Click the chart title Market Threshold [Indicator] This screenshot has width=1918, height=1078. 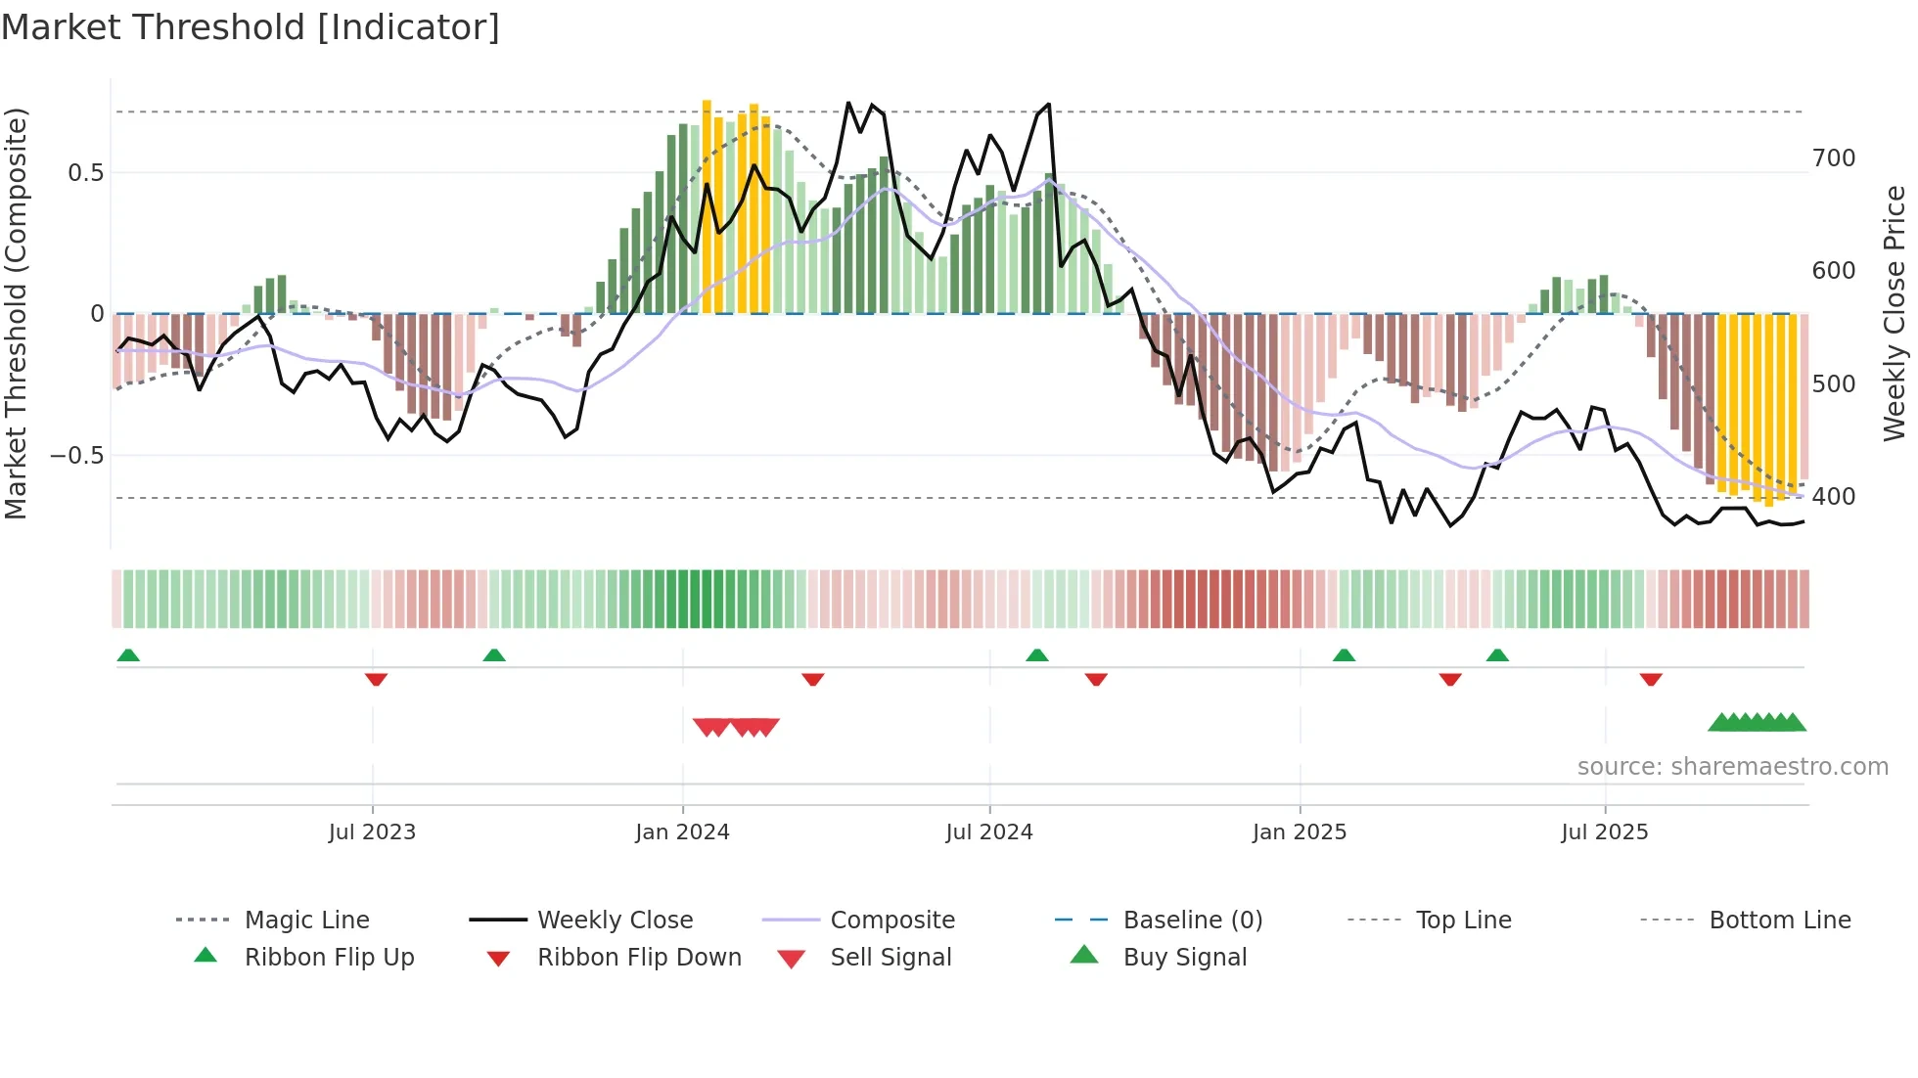251,27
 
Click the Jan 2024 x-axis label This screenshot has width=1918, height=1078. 682,832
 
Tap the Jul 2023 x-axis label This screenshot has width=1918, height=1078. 372,832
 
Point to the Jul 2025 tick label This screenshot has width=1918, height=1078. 1605,832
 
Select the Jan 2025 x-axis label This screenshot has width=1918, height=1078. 1300,832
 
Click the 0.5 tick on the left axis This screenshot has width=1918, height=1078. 86,173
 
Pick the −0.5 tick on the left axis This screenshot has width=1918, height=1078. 77,456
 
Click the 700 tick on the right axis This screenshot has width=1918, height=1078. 1834,158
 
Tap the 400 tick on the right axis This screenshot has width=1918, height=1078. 1834,497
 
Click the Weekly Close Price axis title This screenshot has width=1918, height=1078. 1895,313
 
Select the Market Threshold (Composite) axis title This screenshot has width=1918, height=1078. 16,313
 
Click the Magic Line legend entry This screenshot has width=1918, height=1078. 306,921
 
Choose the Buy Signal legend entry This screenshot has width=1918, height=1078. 1184,958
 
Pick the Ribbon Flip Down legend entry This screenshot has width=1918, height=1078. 639,958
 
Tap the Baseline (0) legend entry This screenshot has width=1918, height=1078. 1192,921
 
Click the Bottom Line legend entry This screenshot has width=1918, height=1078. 1779,921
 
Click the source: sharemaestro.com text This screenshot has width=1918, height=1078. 1732,767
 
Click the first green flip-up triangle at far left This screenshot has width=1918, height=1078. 128,655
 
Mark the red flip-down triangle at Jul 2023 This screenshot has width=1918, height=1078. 376,680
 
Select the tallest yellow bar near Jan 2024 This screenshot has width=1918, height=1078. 707,205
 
